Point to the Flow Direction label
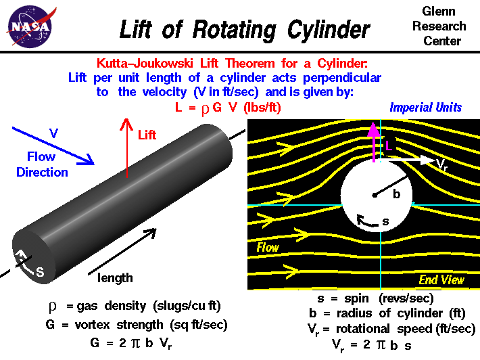click(42, 165)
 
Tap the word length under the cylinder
click(115, 277)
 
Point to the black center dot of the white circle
click(374, 196)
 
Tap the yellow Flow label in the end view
click(268, 248)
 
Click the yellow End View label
click(441, 279)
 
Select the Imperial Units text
click(425, 108)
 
